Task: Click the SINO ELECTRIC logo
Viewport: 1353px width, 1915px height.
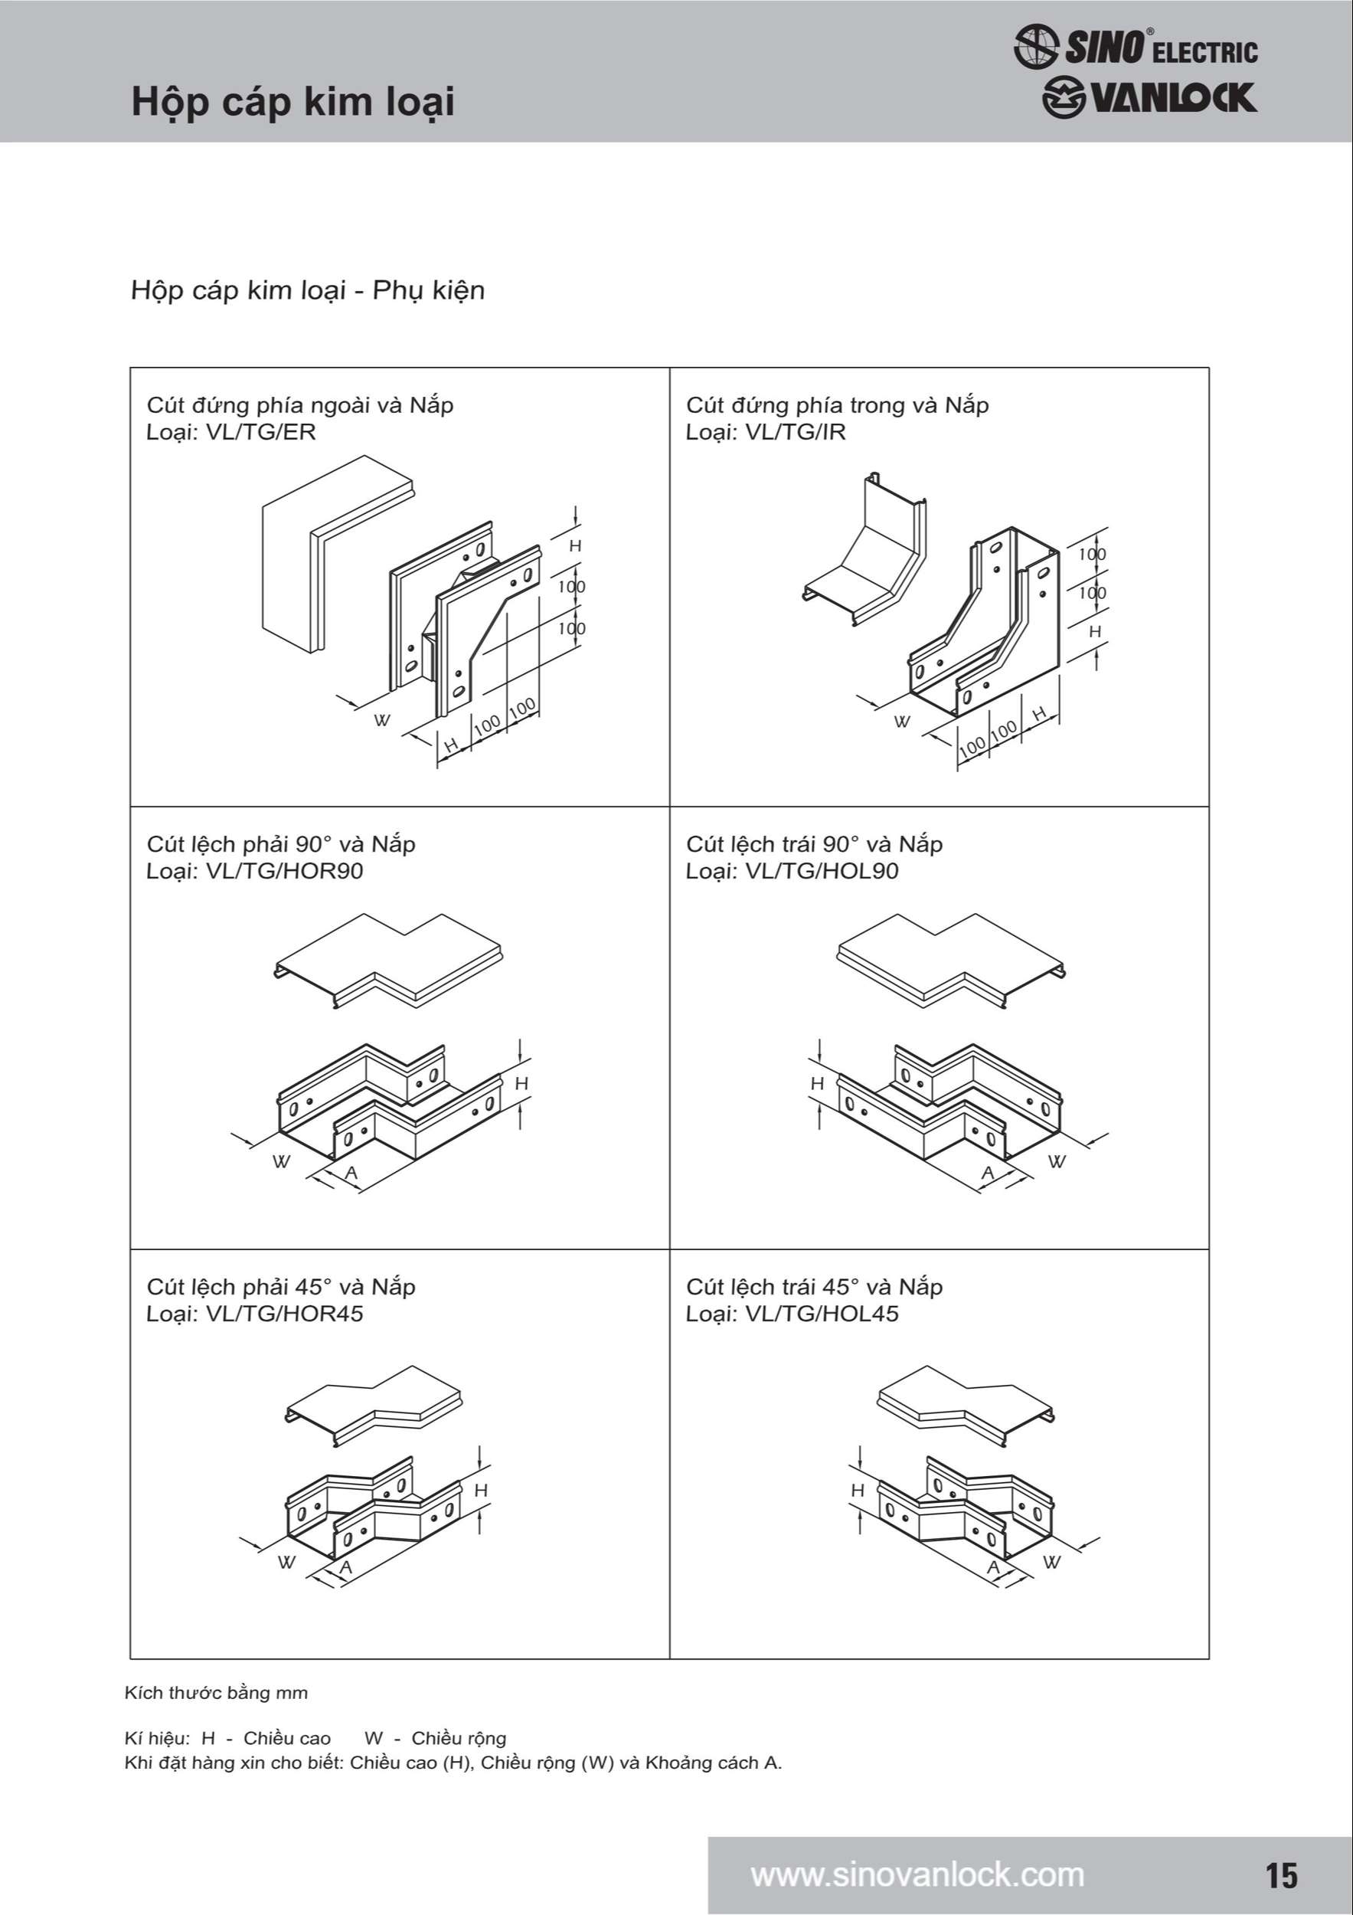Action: click(x=1136, y=47)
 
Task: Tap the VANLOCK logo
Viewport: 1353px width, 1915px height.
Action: click(x=1149, y=98)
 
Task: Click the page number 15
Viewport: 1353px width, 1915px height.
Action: click(x=1281, y=1874)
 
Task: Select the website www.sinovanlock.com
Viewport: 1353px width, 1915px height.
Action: click(x=917, y=1874)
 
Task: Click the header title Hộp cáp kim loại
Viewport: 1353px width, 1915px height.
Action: click(x=292, y=102)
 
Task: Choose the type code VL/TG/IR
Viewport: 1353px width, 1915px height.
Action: click(x=796, y=432)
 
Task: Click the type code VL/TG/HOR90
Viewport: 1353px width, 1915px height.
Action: click(x=283, y=871)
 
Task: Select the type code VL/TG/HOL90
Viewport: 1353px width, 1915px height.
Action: click(x=821, y=871)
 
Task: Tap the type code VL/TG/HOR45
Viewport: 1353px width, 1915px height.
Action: click(x=283, y=1314)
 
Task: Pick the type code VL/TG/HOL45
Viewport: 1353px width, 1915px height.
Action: click(x=821, y=1314)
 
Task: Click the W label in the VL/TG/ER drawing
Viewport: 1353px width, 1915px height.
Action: click(x=381, y=721)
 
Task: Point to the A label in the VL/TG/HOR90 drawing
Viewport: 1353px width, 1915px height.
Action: click(x=351, y=1174)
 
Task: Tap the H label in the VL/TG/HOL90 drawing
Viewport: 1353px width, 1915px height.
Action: click(x=817, y=1083)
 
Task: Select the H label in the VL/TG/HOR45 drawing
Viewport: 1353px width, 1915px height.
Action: click(x=481, y=1491)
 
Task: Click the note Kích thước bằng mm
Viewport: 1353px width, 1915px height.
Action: click(x=216, y=1693)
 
